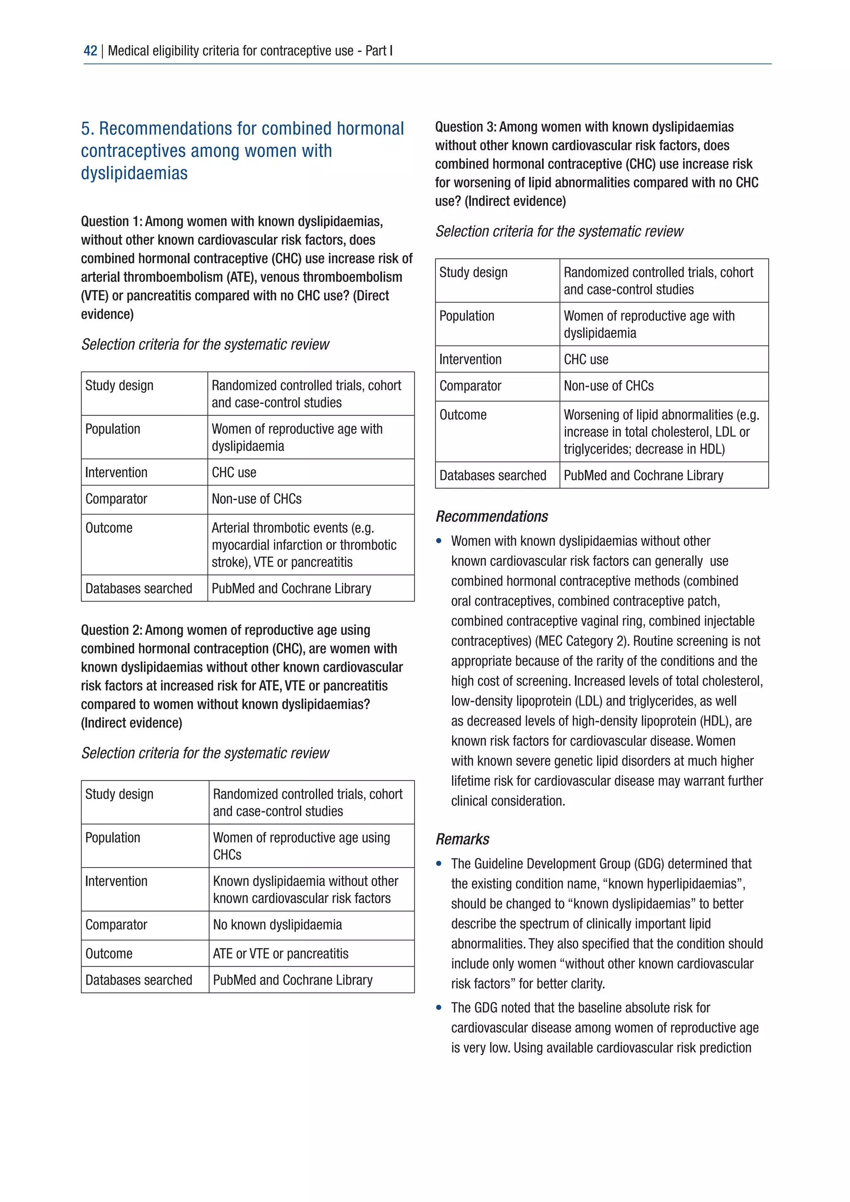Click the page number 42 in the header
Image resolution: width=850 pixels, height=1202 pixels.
90,51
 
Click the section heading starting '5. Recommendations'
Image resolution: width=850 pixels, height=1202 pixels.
242,150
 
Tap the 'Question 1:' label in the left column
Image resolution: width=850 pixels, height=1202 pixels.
112,222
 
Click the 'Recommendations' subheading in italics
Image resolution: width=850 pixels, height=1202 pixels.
491,516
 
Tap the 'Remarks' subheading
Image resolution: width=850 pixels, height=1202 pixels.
462,839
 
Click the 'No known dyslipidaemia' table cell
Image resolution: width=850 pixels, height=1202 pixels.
277,924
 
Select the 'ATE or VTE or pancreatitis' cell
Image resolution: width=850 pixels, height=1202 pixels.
281,953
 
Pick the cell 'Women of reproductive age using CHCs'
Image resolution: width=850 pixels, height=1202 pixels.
301,846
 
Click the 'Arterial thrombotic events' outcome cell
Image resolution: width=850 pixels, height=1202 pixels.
303,545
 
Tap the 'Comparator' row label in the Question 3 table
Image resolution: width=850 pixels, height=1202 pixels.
470,386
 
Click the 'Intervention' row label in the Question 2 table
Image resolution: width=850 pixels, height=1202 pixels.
116,881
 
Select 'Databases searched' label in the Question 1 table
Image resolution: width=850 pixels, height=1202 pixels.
139,589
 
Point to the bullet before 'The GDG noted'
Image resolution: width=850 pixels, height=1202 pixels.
439,1008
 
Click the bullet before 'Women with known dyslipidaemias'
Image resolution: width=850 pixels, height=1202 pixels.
439,541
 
